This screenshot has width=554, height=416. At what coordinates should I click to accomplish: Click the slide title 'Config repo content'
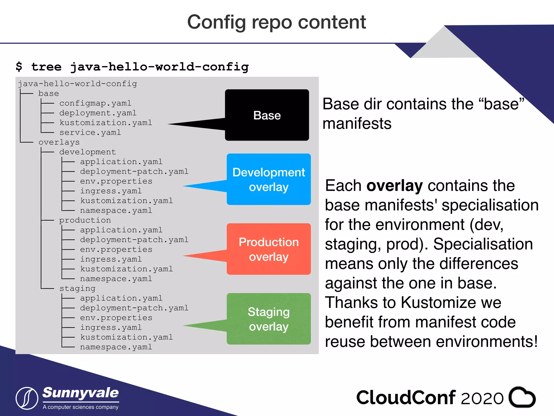[x=276, y=22]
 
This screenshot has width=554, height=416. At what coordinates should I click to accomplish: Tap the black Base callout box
[x=267, y=115]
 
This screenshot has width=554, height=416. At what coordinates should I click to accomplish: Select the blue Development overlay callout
[x=269, y=180]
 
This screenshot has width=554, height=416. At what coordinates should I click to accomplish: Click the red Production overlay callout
[x=269, y=249]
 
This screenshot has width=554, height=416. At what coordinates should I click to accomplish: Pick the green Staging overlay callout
[x=269, y=319]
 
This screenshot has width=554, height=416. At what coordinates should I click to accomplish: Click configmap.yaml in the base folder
[x=95, y=103]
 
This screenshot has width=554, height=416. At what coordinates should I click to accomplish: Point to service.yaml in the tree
[x=90, y=133]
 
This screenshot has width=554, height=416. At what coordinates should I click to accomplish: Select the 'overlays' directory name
[x=59, y=142]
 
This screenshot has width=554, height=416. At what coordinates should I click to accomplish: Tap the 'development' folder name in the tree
[x=87, y=152]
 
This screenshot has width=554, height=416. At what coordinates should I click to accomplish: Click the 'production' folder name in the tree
[x=85, y=220]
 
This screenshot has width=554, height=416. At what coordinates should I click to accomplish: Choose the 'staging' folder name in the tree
[x=77, y=289]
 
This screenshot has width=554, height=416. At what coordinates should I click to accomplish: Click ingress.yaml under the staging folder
[x=111, y=328]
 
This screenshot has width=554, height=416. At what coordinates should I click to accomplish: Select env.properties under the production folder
[x=116, y=250]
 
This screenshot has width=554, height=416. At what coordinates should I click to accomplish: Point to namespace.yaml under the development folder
[x=116, y=211]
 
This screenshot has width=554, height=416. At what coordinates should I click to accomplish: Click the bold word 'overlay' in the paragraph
[x=394, y=186]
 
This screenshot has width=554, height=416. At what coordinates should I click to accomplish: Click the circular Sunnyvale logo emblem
[x=27, y=398]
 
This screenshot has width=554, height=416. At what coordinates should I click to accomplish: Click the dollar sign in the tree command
[x=19, y=67]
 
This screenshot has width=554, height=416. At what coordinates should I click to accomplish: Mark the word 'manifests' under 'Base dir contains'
[x=357, y=124]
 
